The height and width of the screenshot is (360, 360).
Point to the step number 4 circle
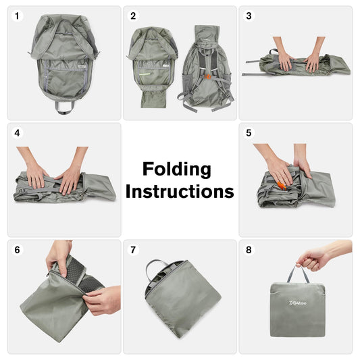click(18, 133)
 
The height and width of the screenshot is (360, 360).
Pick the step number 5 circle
click(249, 133)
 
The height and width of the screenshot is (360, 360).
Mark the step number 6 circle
click(18, 250)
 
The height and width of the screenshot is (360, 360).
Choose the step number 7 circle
click(133, 250)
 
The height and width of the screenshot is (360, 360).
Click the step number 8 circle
click(249, 250)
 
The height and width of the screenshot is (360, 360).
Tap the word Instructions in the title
click(180, 191)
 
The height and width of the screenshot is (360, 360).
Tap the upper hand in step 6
click(58, 255)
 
